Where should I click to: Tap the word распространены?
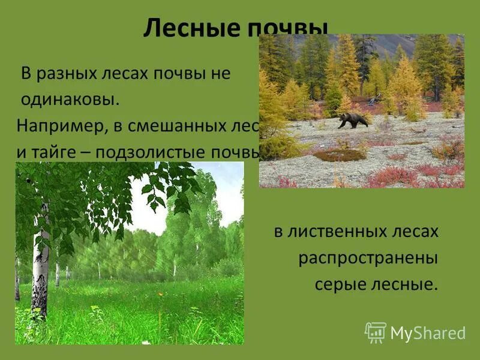tap(368, 258)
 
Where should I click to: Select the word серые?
tap(339, 284)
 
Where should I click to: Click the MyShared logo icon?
tap(376, 332)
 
